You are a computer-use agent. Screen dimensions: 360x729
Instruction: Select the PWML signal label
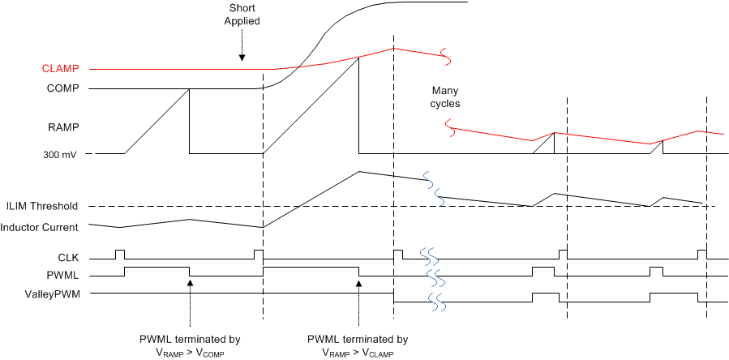tap(64, 276)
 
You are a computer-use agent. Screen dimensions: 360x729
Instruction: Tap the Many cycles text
tap(446, 97)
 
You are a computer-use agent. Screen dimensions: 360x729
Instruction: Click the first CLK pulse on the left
tap(120, 254)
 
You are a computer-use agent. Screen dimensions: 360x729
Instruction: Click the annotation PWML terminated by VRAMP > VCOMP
tap(189, 345)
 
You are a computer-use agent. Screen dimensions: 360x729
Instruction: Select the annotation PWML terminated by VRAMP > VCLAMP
tap(358, 345)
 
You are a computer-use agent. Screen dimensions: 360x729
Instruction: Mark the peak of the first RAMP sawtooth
tap(188, 89)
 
